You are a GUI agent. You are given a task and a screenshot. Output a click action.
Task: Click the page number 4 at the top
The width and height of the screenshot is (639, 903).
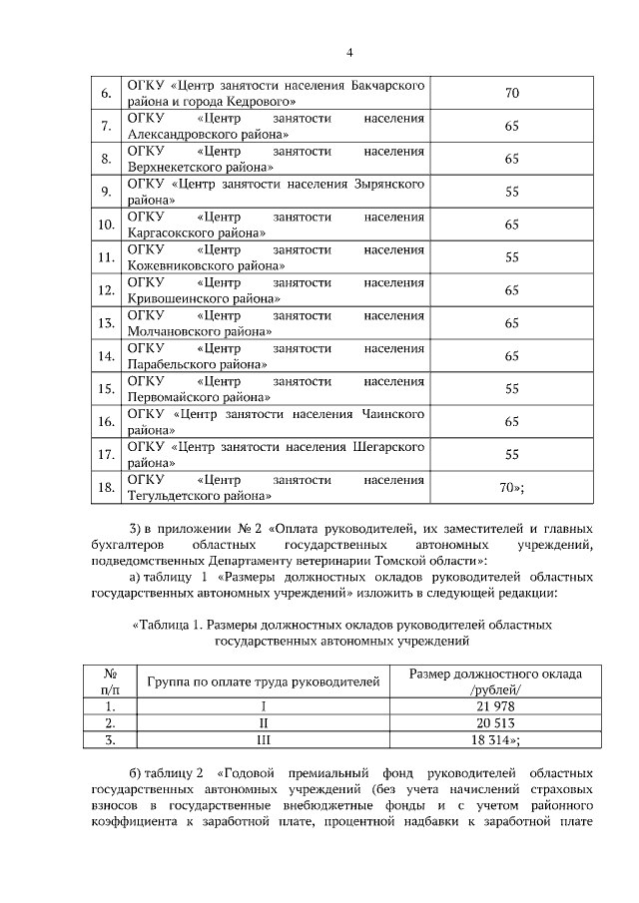click(349, 53)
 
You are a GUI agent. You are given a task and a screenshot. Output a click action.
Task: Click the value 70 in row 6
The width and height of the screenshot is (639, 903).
click(511, 94)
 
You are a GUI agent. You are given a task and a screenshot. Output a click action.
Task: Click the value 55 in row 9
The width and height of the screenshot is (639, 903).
click(511, 192)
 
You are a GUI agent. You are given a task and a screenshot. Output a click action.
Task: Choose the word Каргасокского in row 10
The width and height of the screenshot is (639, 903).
click(171, 232)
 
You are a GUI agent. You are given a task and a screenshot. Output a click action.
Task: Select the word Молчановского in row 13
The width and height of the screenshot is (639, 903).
click(172, 331)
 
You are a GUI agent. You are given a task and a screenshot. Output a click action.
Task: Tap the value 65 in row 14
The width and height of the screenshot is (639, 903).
click(511, 356)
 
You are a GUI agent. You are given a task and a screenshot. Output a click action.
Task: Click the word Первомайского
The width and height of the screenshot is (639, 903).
click(171, 396)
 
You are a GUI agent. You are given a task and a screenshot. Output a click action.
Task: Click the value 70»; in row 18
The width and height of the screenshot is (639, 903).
click(511, 487)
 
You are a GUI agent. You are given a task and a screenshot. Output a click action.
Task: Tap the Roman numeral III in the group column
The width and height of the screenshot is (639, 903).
click(264, 739)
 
